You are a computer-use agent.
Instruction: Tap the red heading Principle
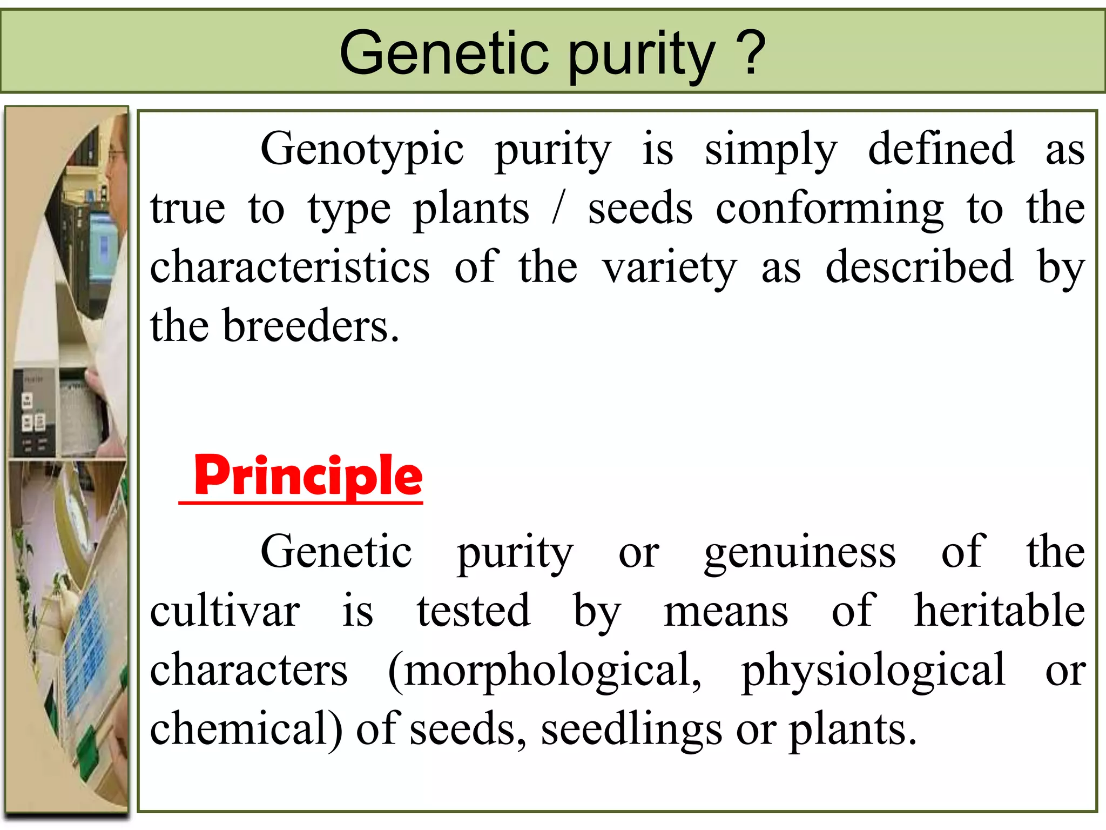[308, 476]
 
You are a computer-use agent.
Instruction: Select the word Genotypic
[362, 150]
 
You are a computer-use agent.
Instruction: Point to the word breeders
[311, 326]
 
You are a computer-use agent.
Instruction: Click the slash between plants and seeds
[558, 210]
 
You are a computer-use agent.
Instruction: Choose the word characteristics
[290, 267]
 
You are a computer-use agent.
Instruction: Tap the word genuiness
[800, 553]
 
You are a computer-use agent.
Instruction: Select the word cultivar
[225, 612]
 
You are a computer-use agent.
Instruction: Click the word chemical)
[246, 729]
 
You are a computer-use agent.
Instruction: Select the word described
[919, 267]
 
